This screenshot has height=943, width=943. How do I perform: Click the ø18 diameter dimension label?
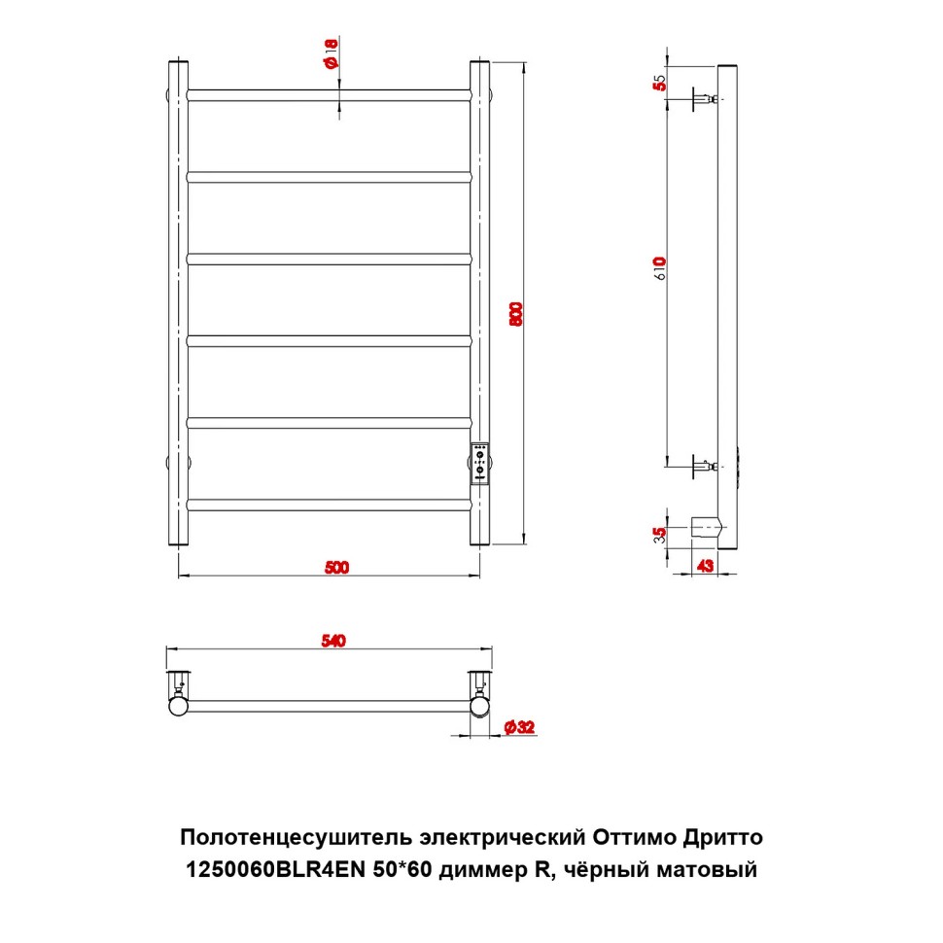click(332, 53)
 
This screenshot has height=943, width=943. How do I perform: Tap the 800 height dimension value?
click(516, 314)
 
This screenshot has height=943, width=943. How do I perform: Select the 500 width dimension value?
click(336, 567)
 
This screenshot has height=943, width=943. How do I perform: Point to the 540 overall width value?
click(333, 641)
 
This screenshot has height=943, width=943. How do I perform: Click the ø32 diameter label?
click(519, 727)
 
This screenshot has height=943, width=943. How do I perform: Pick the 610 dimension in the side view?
click(660, 268)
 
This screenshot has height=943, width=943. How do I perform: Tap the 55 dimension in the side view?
click(660, 83)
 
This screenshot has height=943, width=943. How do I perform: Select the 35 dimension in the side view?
click(660, 535)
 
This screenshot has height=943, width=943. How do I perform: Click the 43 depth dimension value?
click(705, 566)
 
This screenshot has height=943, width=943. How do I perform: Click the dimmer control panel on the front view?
click(479, 463)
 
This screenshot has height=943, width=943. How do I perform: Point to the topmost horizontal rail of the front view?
click(329, 95)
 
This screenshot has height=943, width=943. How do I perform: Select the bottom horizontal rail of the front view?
click(329, 505)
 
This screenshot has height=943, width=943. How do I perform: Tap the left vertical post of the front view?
click(179, 302)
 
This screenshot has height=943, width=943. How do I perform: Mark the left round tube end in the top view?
click(179, 706)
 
